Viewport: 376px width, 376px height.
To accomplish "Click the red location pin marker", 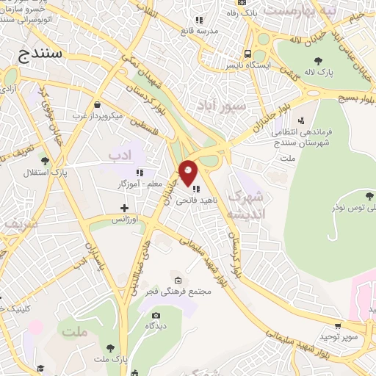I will tap(189, 173).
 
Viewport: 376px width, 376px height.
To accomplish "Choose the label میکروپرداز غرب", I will tap(101, 115).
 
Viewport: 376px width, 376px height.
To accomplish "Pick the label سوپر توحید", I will tap(337, 336).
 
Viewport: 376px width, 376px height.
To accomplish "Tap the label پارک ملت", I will tap(110, 358).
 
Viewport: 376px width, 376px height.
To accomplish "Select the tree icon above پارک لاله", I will tap(317, 62).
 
